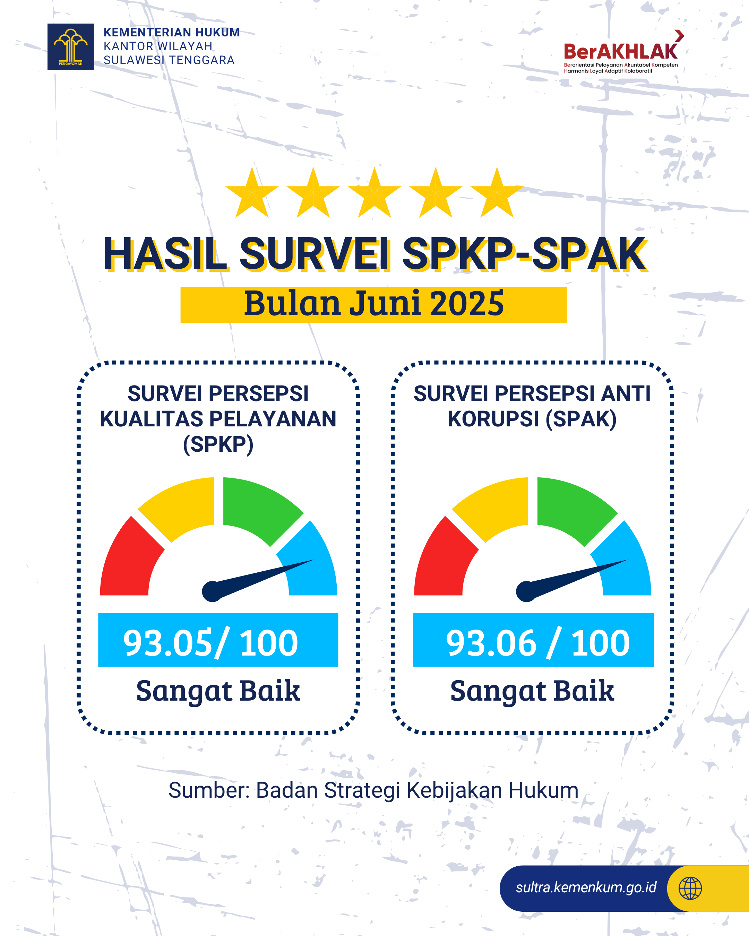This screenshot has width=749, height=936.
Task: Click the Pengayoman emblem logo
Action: (70, 46)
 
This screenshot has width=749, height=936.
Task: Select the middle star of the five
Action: (374, 193)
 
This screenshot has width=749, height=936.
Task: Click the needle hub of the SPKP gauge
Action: (212, 591)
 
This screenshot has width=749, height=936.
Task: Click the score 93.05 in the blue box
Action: (169, 643)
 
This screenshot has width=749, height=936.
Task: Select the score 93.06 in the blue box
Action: (491, 643)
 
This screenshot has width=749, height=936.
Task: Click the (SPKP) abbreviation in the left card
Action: (218, 444)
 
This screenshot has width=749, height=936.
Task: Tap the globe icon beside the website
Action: (690, 888)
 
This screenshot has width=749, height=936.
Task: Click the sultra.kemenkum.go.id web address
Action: (586, 888)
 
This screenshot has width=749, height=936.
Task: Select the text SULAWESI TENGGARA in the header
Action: (169, 60)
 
